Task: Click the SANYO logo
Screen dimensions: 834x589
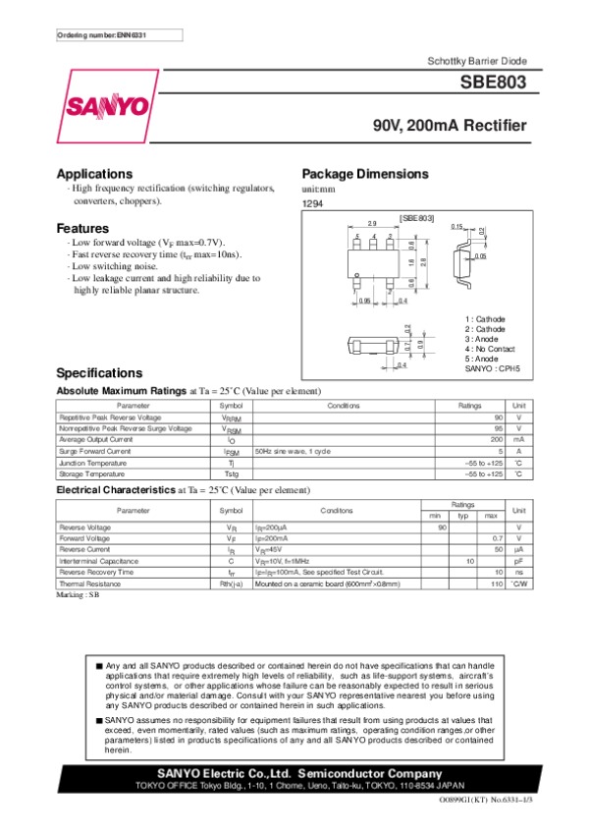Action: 107,106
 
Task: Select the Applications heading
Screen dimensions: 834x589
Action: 94,174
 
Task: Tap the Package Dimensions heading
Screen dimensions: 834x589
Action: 365,174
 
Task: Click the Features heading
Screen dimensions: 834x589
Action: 82,229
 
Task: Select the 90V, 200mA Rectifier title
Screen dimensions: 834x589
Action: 450,126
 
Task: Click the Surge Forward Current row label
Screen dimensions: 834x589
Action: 94,451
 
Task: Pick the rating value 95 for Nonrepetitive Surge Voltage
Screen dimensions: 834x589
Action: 498,428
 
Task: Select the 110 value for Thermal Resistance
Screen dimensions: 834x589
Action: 497,584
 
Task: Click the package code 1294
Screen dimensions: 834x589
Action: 313,203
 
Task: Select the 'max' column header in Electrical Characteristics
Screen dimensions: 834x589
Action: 491,516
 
